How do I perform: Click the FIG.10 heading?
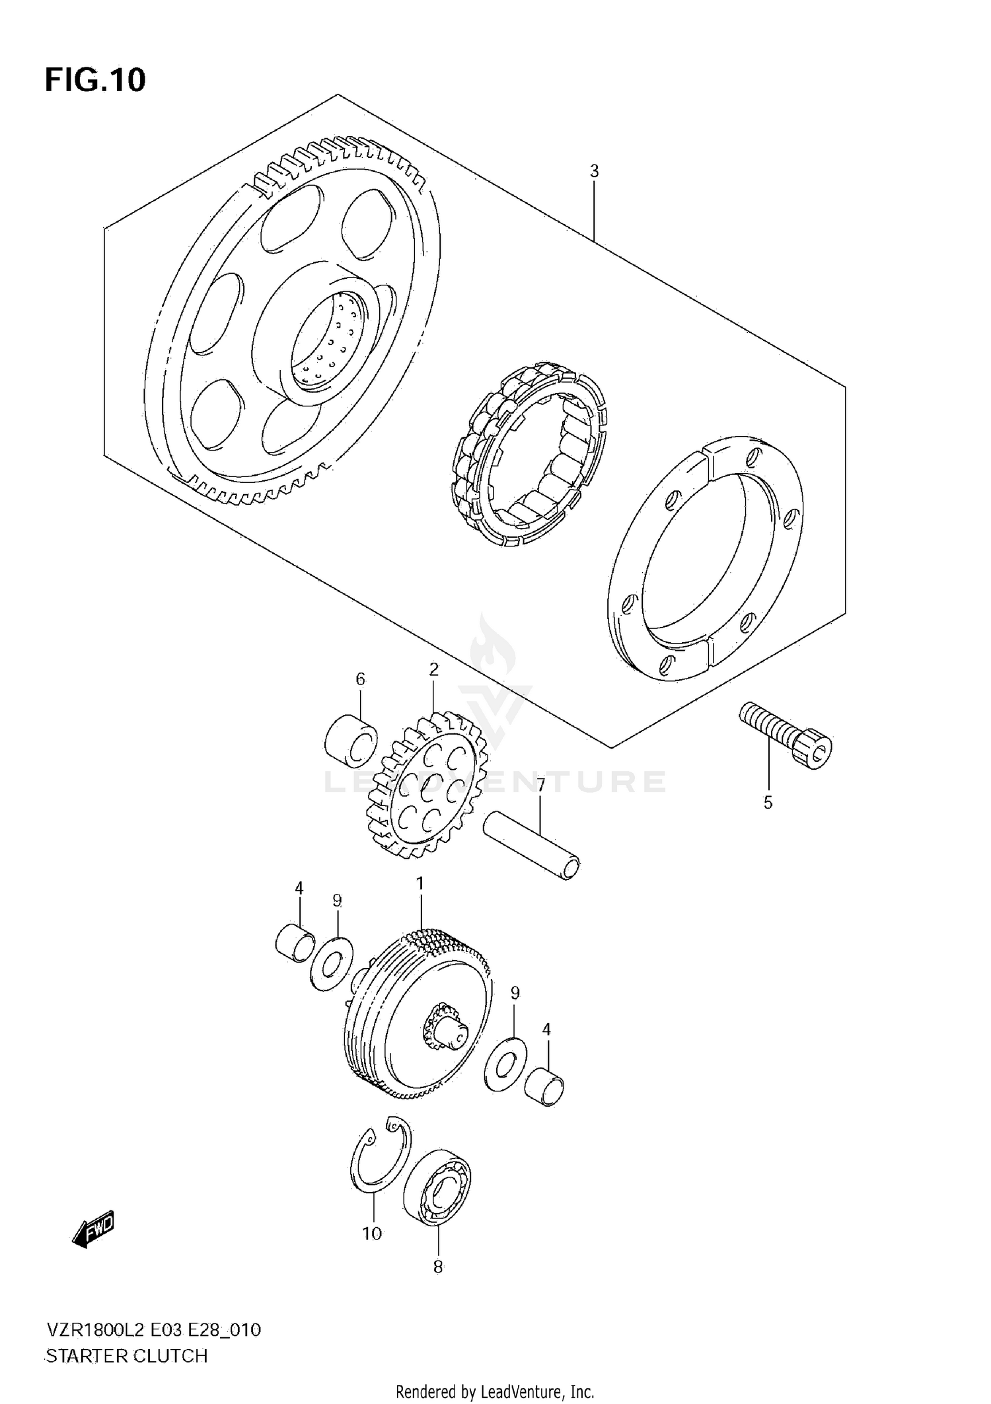pyautogui.click(x=95, y=80)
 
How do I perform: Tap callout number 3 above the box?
pyautogui.click(x=594, y=171)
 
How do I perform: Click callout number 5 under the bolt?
pyautogui.click(x=768, y=803)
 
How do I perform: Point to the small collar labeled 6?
pyautogui.click(x=351, y=740)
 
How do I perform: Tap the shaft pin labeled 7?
pyautogui.click(x=532, y=848)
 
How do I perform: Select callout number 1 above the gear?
pyautogui.click(x=420, y=883)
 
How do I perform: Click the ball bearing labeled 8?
pyautogui.click(x=437, y=1187)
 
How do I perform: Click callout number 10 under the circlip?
pyautogui.click(x=372, y=1234)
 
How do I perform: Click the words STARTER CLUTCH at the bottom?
pyautogui.click(x=126, y=1356)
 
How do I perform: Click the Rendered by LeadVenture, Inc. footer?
pyautogui.click(x=495, y=1392)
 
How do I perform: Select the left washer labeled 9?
pyautogui.click(x=331, y=963)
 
